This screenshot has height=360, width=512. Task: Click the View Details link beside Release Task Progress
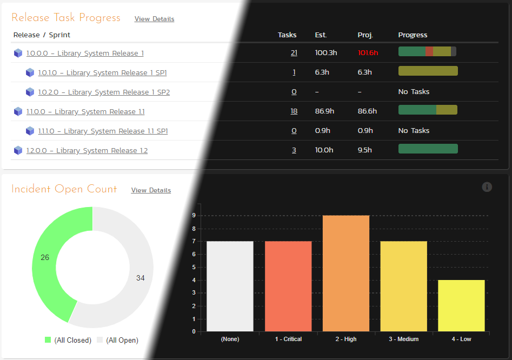click(154, 19)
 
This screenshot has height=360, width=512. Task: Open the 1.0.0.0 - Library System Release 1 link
click(85, 54)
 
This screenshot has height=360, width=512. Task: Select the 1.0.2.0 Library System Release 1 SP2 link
click(104, 92)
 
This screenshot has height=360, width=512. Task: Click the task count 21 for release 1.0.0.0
click(294, 53)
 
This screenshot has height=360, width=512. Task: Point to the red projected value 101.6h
click(368, 53)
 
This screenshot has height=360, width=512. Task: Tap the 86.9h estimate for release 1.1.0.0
click(324, 111)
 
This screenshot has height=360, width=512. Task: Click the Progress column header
click(413, 35)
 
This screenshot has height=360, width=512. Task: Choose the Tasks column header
click(287, 35)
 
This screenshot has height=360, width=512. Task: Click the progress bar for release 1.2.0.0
click(428, 149)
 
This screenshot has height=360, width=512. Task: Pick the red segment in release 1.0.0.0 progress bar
click(429, 51)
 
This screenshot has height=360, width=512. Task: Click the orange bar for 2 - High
click(346, 273)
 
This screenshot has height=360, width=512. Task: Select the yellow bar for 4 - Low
click(461, 305)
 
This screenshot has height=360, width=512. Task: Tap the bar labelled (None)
click(230, 286)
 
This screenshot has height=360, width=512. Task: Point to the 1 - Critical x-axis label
click(288, 339)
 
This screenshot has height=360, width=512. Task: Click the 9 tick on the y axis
click(194, 216)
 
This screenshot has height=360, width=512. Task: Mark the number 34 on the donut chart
click(140, 278)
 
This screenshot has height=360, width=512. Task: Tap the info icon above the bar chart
click(487, 187)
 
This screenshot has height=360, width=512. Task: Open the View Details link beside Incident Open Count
click(151, 190)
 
